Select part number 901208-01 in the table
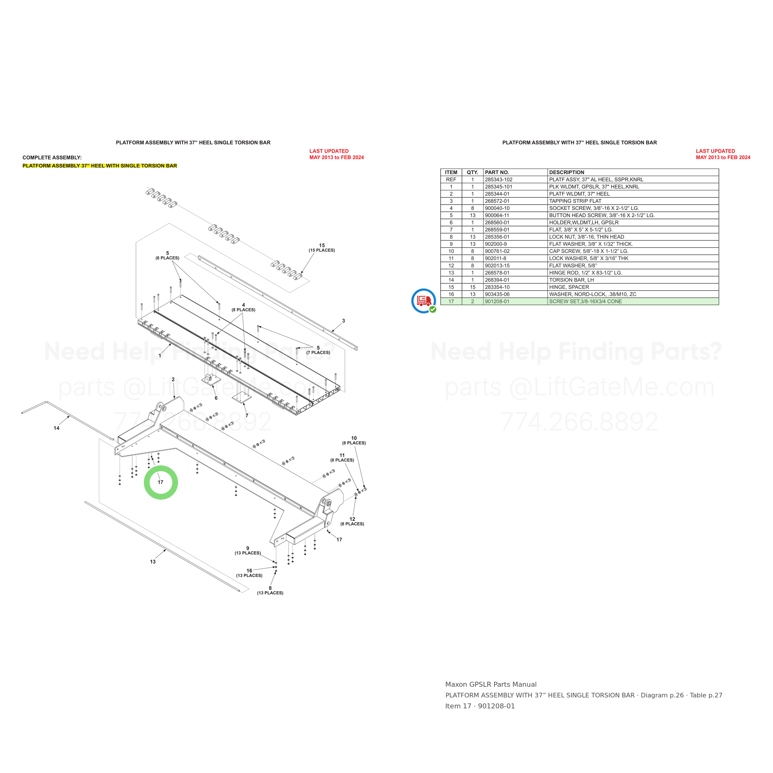pyautogui.click(x=497, y=301)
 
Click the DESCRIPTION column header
pyautogui.click(x=566, y=173)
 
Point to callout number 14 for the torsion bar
pyautogui.click(x=56, y=428)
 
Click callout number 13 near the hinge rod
pyautogui.click(x=153, y=562)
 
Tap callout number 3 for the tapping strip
pyautogui.click(x=343, y=321)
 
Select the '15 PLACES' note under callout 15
pyautogui.click(x=322, y=250)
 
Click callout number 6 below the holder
pyautogui.click(x=216, y=398)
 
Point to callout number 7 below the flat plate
pyautogui.click(x=247, y=416)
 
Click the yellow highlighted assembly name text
pyautogui.click(x=100, y=166)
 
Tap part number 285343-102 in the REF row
pyautogui.click(x=498, y=180)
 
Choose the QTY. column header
pyautogui.click(x=472, y=173)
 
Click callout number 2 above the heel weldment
pyautogui.click(x=173, y=379)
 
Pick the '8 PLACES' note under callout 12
pyautogui.click(x=352, y=524)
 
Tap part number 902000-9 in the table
pyautogui.click(x=496, y=244)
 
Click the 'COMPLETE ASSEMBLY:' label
pyautogui.click(x=52, y=158)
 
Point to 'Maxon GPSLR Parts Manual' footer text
pyautogui.click(x=491, y=685)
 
